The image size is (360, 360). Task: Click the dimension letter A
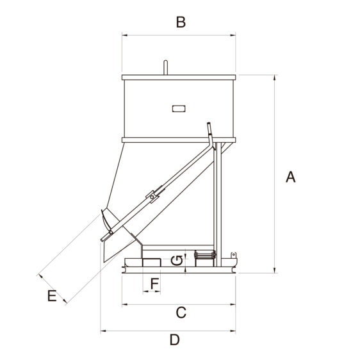(290, 177)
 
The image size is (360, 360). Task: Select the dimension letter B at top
(181, 22)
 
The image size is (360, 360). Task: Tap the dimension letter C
(181, 313)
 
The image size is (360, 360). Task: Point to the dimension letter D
(175, 340)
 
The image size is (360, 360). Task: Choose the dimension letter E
(52, 296)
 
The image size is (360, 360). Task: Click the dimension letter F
(155, 283)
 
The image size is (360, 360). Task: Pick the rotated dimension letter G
(177, 261)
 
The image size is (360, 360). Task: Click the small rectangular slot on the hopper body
(179, 109)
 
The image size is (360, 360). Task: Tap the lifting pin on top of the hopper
(165, 67)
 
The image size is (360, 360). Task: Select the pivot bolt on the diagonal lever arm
(152, 197)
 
